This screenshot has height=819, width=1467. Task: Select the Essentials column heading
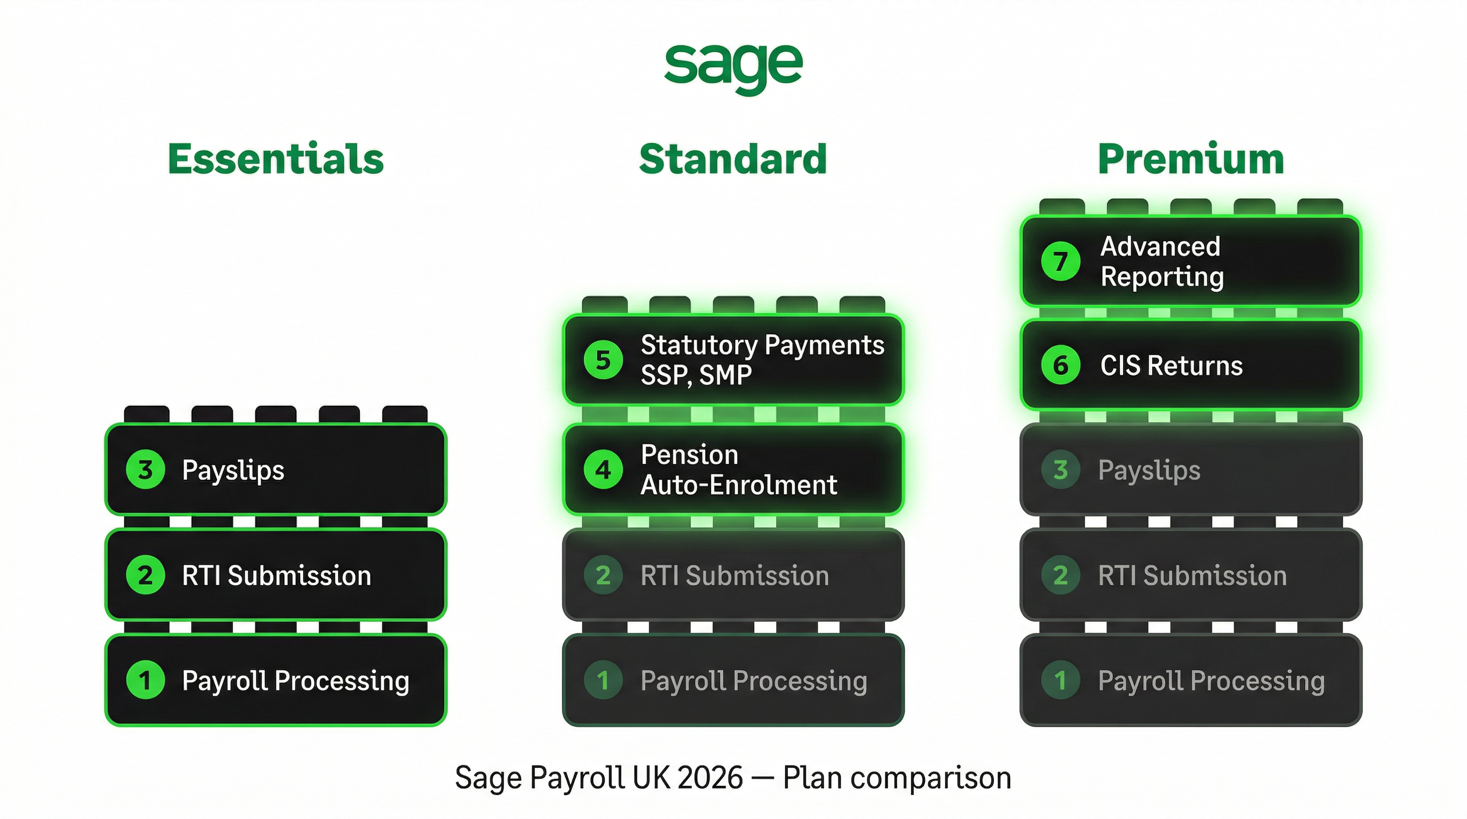276,159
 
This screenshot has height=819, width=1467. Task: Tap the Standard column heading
733,159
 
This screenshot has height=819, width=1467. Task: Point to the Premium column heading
1191,159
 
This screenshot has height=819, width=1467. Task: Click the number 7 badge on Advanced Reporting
1060,261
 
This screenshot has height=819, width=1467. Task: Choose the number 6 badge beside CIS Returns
1060,365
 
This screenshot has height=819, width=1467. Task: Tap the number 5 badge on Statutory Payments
603,360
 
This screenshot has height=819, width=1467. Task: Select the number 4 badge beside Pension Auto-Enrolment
603,470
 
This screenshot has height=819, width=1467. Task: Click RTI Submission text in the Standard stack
735,575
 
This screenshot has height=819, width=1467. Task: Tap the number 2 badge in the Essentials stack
145,575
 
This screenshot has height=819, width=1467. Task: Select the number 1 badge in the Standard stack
603,680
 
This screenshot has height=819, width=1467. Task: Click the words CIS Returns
1172,366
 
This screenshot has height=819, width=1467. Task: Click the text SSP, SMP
696,375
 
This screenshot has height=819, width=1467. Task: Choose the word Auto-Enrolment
739,485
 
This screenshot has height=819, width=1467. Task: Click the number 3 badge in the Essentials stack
145,470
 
